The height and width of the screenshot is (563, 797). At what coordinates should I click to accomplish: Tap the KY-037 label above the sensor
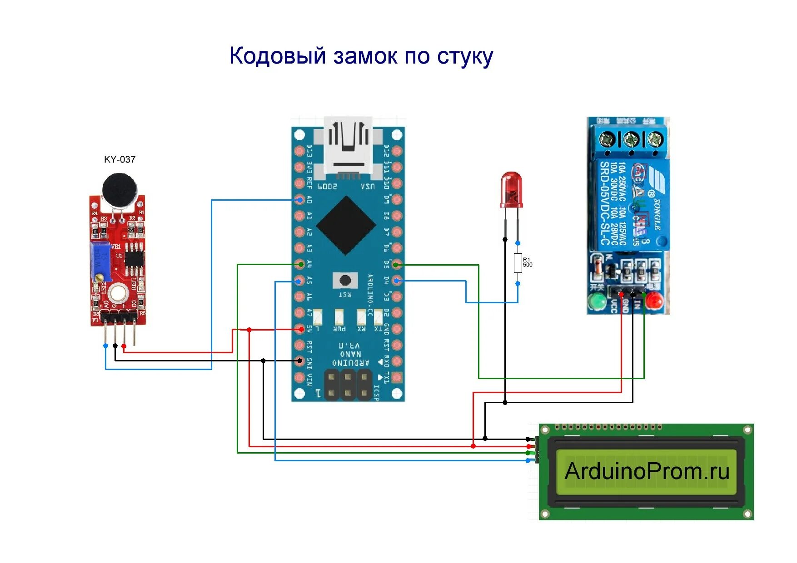point(120,159)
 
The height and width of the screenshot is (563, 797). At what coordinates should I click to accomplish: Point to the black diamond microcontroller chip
point(346,225)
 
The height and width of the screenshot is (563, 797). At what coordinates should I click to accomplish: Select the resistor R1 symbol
point(518,263)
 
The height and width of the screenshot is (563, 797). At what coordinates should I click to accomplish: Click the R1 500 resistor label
point(528,262)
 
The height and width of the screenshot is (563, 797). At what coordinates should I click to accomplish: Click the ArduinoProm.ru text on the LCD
point(647,471)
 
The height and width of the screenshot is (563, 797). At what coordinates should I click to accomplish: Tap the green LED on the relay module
point(597,301)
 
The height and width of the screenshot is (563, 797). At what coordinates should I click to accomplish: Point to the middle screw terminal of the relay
point(630,139)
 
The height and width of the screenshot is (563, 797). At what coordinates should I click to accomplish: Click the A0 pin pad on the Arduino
point(299,200)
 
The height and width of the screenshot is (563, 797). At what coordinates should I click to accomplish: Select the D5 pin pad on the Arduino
point(396,264)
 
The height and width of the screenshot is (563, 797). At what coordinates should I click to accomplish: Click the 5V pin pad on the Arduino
point(299,329)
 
